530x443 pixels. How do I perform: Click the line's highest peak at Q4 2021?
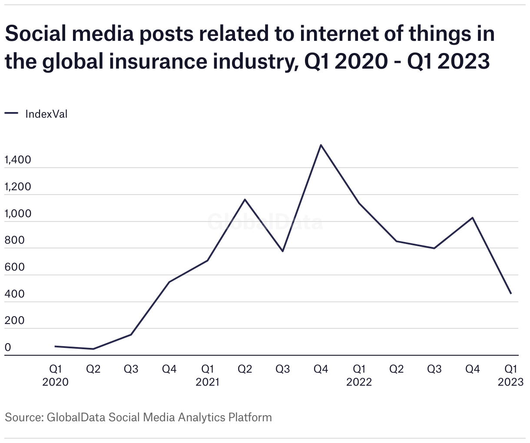click(x=321, y=145)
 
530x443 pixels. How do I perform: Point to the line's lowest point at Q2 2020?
click(x=93, y=349)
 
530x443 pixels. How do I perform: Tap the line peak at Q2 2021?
click(x=245, y=199)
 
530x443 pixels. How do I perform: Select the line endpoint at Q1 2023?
click(x=511, y=294)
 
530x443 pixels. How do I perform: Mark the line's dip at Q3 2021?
click(x=283, y=251)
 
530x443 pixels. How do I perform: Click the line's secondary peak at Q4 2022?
click(x=473, y=218)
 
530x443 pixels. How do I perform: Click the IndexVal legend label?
click(x=46, y=114)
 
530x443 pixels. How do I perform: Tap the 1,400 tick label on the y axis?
click(x=18, y=160)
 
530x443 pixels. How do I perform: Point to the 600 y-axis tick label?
click(x=15, y=268)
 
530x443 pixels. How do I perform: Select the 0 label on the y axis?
click(x=8, y=348)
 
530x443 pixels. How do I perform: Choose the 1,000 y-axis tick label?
click(x=18, y=214)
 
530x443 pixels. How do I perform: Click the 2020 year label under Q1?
click(x=55, y=382)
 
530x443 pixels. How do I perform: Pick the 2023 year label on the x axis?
click(x=510, y=382)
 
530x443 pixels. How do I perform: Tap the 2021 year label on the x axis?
click(x=207, y=382)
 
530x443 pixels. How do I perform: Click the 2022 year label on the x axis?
click(x=359, y=382)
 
